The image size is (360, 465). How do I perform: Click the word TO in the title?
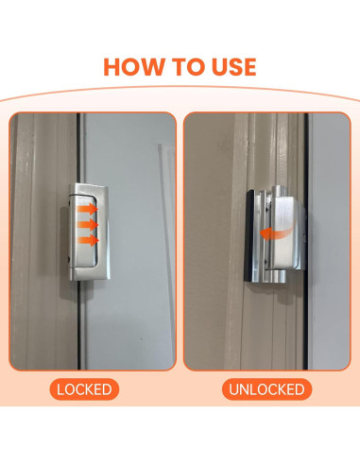pos(194,66)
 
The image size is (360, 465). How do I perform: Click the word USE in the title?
pos(233,66)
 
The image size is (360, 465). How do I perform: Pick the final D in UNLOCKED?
pos(300,388)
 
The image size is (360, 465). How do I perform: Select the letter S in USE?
pos(233,66)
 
